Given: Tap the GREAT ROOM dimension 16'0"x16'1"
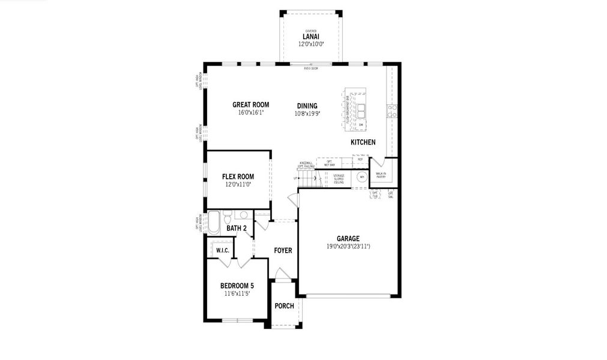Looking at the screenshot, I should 250,112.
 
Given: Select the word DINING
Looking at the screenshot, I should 307,106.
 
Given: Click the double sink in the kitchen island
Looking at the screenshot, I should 361,110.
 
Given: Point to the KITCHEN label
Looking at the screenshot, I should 363,142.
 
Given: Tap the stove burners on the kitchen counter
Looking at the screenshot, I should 392,110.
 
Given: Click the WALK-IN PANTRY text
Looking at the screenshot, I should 381,175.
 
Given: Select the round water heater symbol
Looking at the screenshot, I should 361,177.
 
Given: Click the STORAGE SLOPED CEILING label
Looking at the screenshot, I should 339,178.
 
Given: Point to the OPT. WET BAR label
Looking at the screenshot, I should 330,163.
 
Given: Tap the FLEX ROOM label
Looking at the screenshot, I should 238,176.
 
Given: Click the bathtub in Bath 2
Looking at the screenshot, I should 214,222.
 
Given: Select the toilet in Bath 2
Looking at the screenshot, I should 228,215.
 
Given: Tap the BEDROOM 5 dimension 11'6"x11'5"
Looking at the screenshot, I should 237,293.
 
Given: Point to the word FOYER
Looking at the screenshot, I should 283,250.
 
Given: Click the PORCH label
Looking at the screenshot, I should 284,306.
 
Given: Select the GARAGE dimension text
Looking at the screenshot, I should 348,246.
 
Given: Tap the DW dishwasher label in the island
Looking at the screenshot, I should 361,125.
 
